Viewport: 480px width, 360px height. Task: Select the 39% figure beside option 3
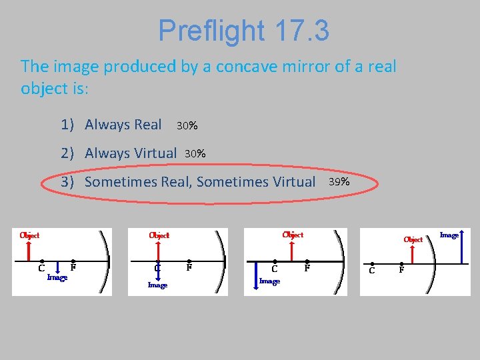339,181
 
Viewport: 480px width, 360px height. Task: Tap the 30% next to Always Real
187,125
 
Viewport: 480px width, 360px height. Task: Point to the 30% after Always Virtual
195,154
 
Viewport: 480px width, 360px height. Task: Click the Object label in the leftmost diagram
29,235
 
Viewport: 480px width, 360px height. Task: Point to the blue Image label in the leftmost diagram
57,277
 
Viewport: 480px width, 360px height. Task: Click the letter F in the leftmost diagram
73,268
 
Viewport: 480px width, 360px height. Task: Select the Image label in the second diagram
157,285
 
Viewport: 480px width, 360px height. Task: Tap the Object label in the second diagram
159,235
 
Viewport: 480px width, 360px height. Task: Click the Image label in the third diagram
269,281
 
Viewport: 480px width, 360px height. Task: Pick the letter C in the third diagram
275,269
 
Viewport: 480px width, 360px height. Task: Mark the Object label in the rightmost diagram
413,239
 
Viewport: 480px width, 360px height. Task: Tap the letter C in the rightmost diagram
372,270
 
